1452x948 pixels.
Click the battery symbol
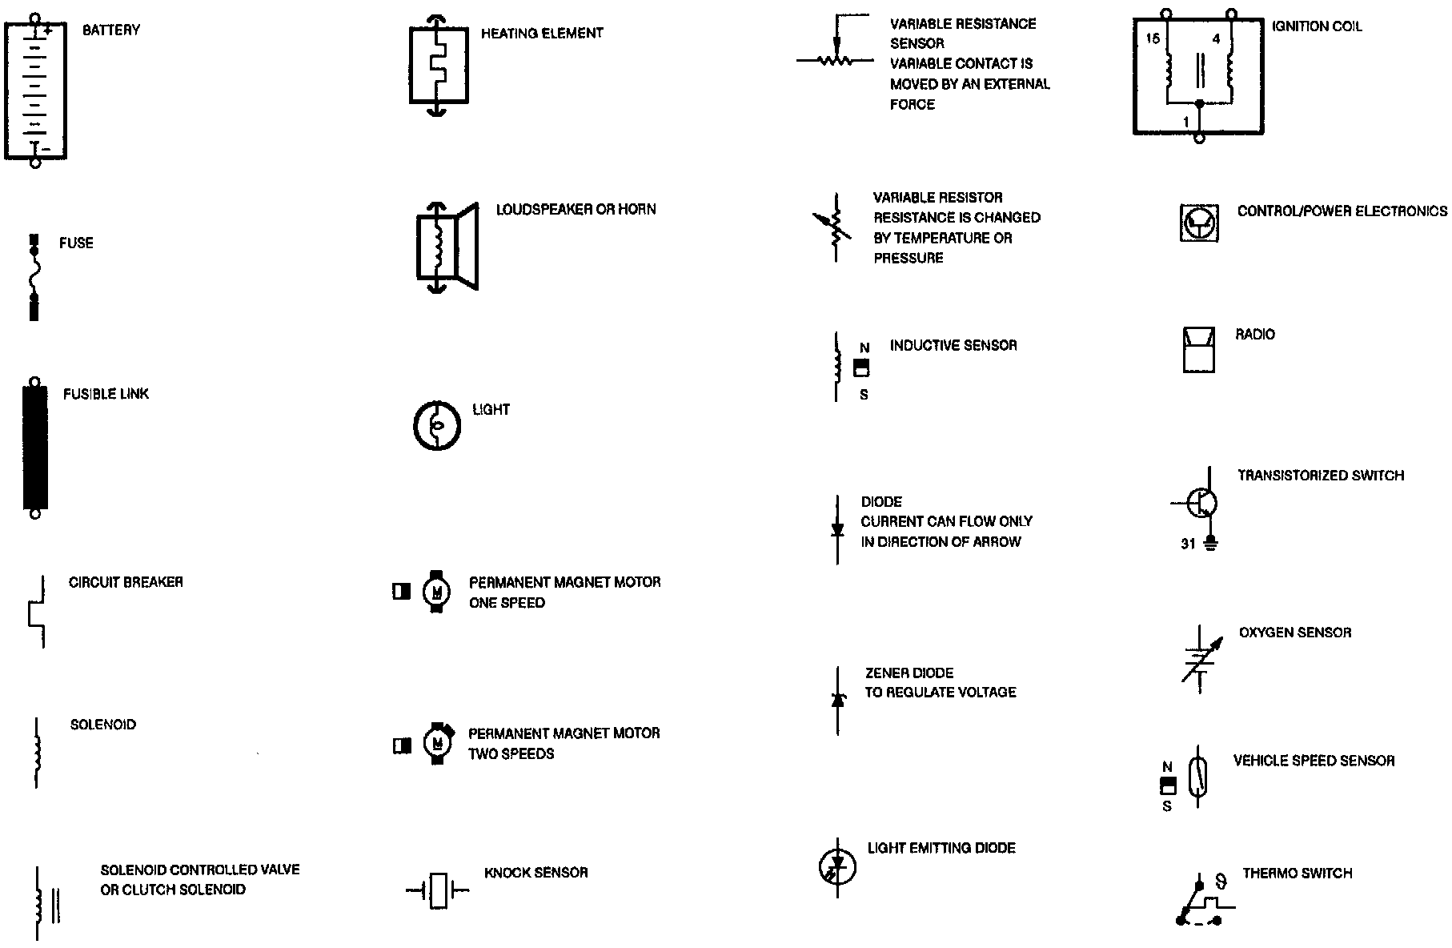pos(35,90)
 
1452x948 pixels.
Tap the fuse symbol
pos(34,277)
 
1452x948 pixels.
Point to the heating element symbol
pos(437,66)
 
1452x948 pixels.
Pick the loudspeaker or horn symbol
pos(447,247)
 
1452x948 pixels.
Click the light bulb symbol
pos(437,425)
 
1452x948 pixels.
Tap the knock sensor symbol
pos(438,890)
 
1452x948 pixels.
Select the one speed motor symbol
pos(435,592)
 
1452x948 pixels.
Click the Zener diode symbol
pos(838,701)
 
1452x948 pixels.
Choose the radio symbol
pos(1198,350)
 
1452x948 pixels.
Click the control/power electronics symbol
pos(1199,222)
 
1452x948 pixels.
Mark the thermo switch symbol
pos(1201,902)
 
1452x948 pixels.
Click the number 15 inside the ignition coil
pos(1152,38)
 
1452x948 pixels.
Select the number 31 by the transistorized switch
pos(1188,544)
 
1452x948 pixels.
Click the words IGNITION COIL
pos(1317,26)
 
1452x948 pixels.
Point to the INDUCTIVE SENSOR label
pos(953,346)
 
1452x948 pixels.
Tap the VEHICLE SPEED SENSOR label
pos(1314,761)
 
